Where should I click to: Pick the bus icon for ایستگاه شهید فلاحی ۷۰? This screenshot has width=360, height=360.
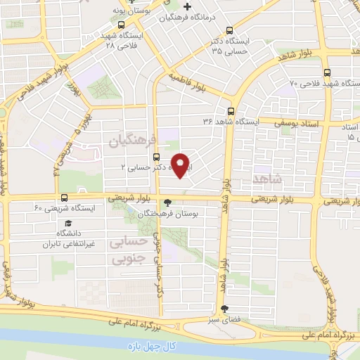tap(327, 72)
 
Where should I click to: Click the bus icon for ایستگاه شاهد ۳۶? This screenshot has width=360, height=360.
tap(231, 111)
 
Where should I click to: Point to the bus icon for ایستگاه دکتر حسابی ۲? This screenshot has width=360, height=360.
tap(155, 157)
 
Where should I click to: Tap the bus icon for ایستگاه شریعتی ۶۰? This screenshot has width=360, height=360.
tap(65, 198)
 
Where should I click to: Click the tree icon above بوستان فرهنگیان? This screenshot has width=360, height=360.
tap(167, 203)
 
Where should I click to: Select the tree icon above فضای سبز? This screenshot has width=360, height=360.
tap(224, 309)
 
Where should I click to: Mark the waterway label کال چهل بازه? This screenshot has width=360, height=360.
tap(150, 347)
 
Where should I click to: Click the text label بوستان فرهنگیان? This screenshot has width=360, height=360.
tap(169, 213)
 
